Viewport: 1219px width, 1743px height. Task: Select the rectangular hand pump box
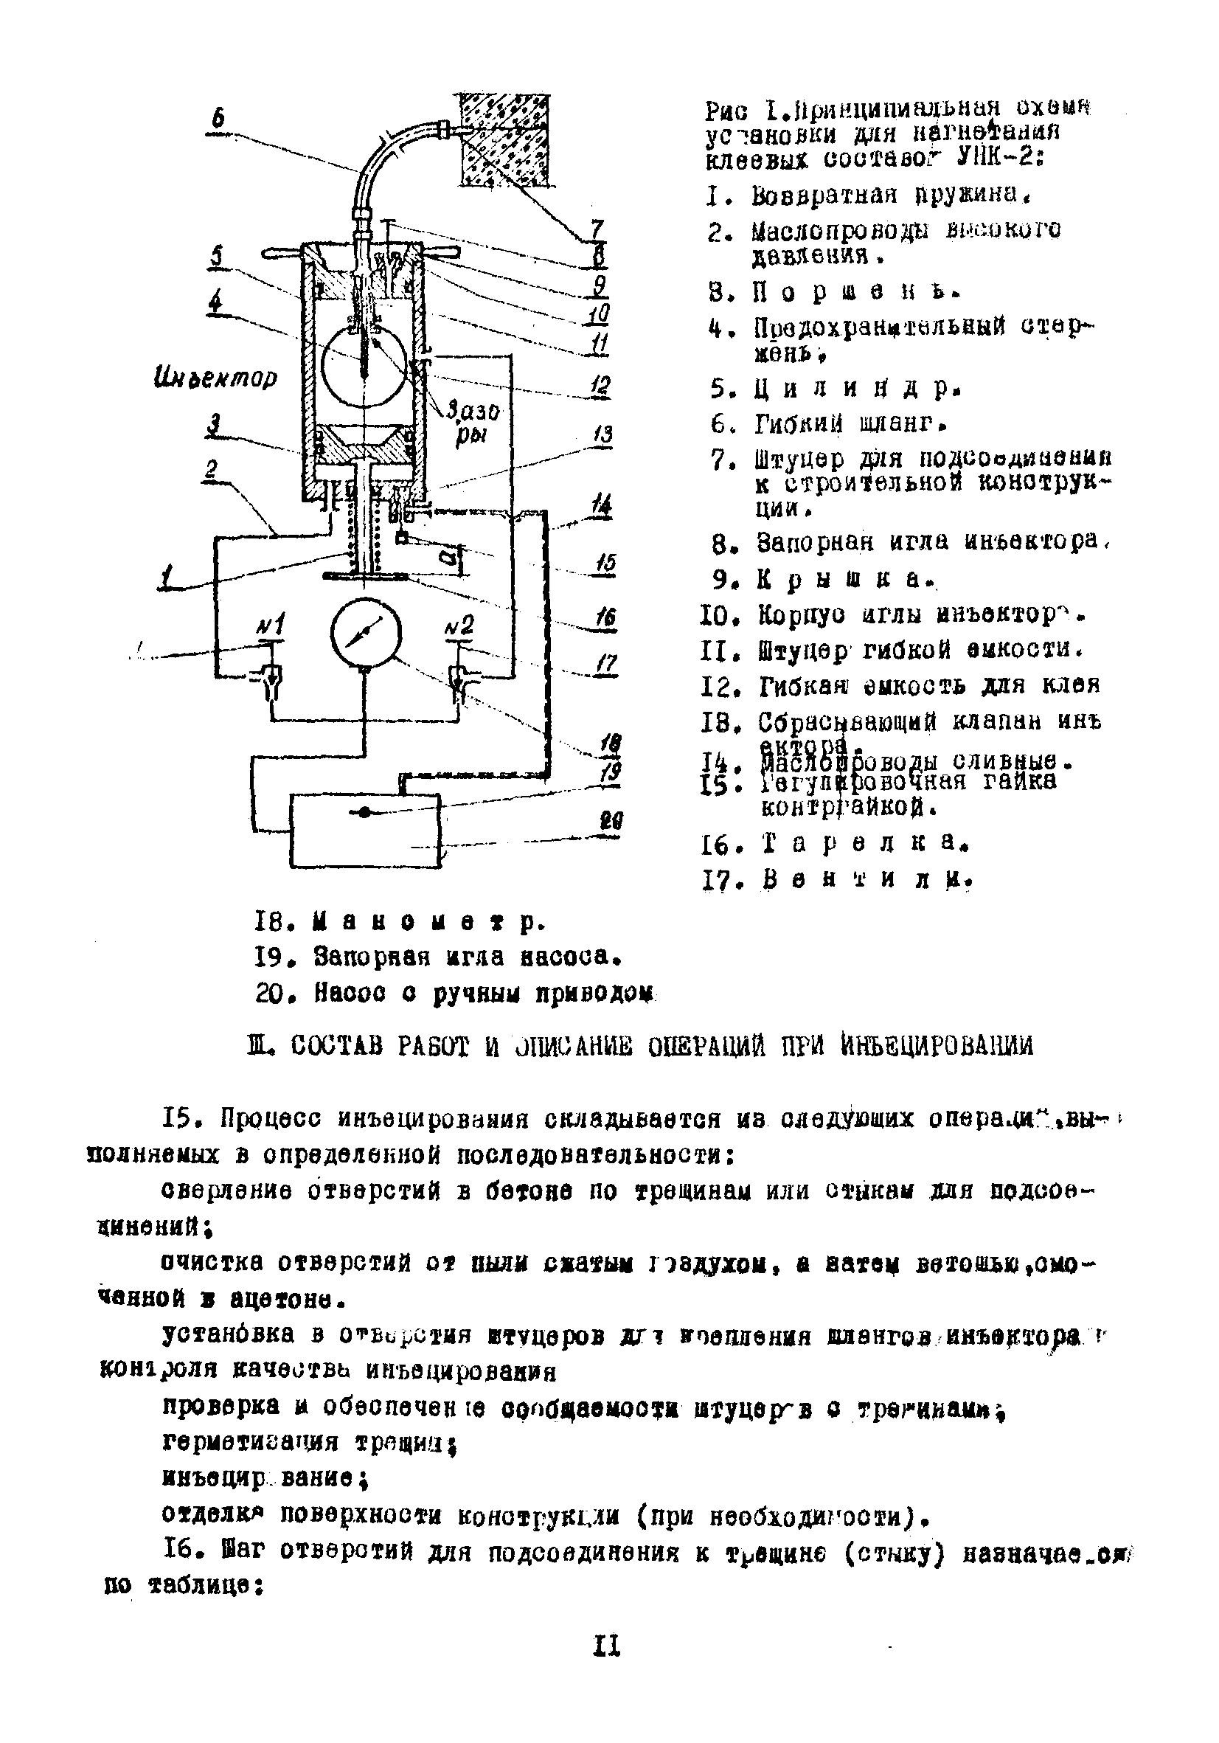365,830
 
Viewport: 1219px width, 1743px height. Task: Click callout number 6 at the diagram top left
218,119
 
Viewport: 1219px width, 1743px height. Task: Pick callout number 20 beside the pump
611,821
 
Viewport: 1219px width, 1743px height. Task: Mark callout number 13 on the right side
603,434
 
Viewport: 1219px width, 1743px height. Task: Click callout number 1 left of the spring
165,578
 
